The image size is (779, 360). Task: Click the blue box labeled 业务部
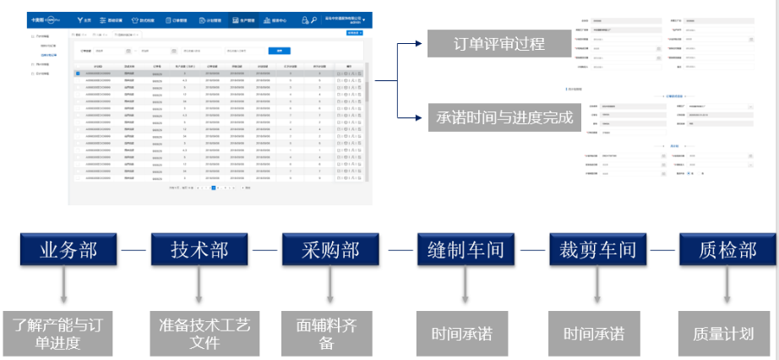coord(68,250)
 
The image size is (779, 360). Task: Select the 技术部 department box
coord(199,250)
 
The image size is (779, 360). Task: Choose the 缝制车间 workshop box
coord(463,250)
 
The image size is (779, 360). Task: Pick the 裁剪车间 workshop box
coord(595,250)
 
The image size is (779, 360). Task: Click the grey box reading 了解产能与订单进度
coord(63,332)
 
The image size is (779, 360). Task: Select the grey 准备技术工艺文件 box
coord(199,332)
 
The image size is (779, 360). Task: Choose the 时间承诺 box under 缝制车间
coord(463,332)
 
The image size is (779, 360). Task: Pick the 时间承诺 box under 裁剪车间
coord(595,332)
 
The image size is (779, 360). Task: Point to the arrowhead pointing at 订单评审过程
coord(421,44)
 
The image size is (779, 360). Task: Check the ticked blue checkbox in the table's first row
coord(78,74)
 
